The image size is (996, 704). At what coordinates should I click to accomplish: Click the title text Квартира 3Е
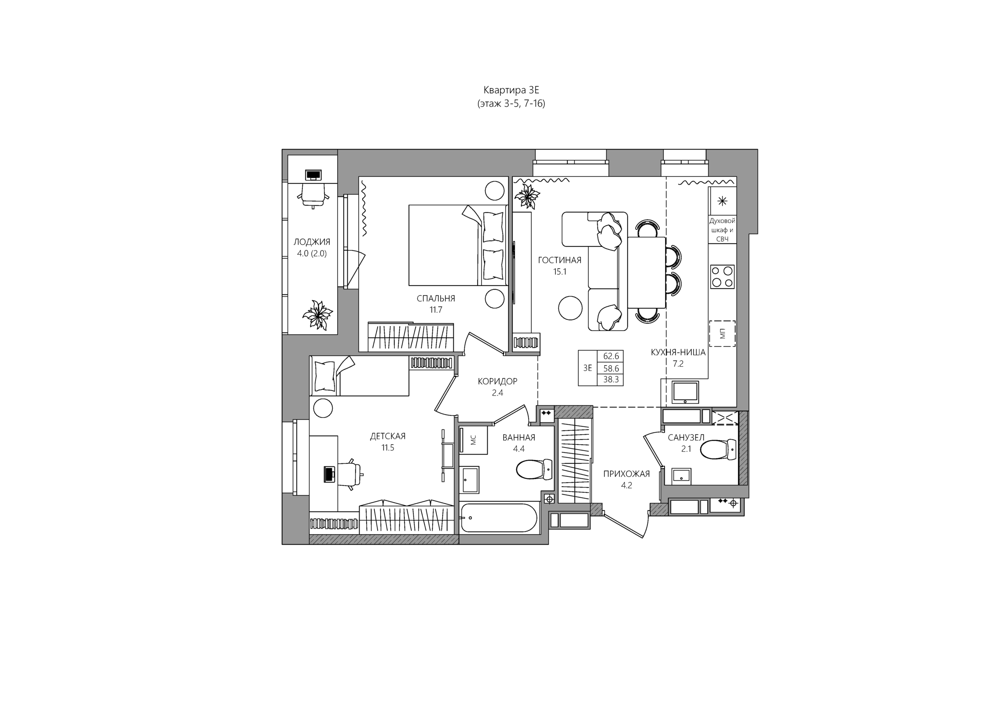(x=511, y=90)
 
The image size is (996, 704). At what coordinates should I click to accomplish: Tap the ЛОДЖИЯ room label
(x=312, y=242)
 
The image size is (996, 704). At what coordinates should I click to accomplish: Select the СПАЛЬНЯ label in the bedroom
(x=436, y=298)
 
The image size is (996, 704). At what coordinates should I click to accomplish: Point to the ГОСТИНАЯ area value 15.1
(x=559, y=271)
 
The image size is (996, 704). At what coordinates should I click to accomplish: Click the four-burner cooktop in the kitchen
(x=722, y=277)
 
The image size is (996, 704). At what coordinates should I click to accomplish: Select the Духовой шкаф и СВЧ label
(x=722, y=230)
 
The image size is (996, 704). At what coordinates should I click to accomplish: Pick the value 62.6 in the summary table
(x=611, y=356)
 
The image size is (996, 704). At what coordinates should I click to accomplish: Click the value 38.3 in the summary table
(x=611, y=379)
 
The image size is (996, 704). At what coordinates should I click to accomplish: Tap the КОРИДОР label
(x=497, y=381)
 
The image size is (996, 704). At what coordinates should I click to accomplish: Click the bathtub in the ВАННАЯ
(x=499, y=518)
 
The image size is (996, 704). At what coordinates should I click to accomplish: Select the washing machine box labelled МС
(x=473, y=440)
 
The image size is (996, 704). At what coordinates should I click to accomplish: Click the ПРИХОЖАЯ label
(x=626, y=474)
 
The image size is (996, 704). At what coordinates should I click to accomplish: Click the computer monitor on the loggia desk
(x=313, y=175)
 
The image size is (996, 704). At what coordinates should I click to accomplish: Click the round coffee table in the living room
(x=570, y=308)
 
